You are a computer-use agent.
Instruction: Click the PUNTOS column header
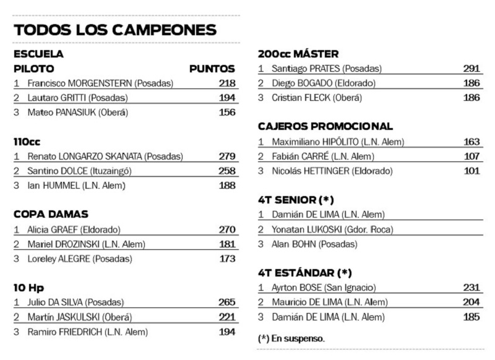coord(212,69)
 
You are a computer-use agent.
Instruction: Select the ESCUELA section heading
coord(38,54)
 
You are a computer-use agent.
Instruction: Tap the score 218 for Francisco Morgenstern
coord(226,83)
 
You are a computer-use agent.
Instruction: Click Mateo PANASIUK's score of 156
coord(226,113)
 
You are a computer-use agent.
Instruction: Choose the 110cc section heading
coord(27,142)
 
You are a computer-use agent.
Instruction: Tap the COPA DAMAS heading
coord(51,214)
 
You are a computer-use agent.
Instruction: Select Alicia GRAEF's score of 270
coord(226,229)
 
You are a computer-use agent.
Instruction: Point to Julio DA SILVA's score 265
coord(226,302)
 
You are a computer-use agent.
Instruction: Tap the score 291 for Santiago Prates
coord(471,69)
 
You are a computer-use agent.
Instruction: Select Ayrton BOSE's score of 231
coord(471,288)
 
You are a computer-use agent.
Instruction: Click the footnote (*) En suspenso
coord(291,338)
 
